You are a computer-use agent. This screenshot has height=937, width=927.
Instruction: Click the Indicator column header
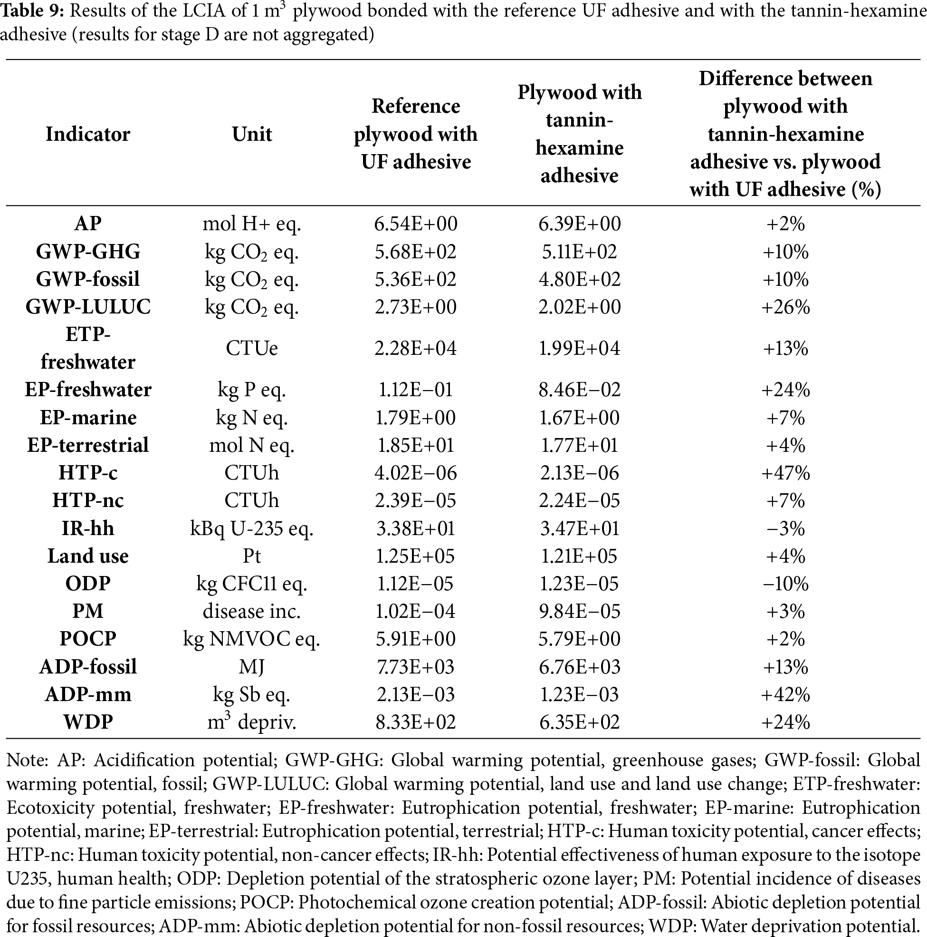[88, 134]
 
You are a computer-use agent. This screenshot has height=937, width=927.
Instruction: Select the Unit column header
[251, 134]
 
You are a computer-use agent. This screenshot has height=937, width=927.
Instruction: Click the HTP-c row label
[88, 473]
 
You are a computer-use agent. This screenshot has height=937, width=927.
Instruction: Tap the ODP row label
[88, 584]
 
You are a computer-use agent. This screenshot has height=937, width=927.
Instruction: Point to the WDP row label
[88, 722]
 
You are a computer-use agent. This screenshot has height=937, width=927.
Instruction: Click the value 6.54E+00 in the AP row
[415, 224]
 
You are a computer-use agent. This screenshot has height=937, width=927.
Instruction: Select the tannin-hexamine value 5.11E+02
[579, 252]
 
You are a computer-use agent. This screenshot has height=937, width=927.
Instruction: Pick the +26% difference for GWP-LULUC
[785, 307]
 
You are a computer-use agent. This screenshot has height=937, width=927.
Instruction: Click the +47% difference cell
[785, 473]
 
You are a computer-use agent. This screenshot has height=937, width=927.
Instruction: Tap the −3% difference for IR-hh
[785, 528]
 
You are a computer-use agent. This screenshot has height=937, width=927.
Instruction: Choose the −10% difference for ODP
[785, 584]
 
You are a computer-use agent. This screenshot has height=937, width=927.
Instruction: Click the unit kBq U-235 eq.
[251, 528]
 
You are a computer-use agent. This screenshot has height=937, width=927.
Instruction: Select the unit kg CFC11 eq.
[251, 584]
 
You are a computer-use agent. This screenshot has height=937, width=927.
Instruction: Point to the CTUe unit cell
[251, 348]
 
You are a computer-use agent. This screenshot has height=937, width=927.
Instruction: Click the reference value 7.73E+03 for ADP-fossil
[415, 667]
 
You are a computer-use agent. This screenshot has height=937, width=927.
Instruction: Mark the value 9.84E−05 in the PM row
[579, 611]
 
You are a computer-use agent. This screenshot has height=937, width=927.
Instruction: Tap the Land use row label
[88, 556]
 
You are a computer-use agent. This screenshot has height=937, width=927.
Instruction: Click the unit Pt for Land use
[251, 556]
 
